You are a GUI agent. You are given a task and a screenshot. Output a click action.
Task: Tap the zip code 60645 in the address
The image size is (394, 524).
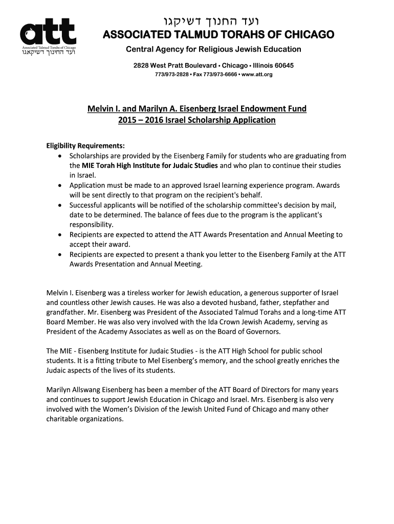[282, 66]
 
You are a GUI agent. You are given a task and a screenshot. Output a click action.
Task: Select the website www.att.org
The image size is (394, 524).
[255, 75]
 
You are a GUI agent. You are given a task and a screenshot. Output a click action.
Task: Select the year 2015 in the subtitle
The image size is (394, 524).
[127, 120]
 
